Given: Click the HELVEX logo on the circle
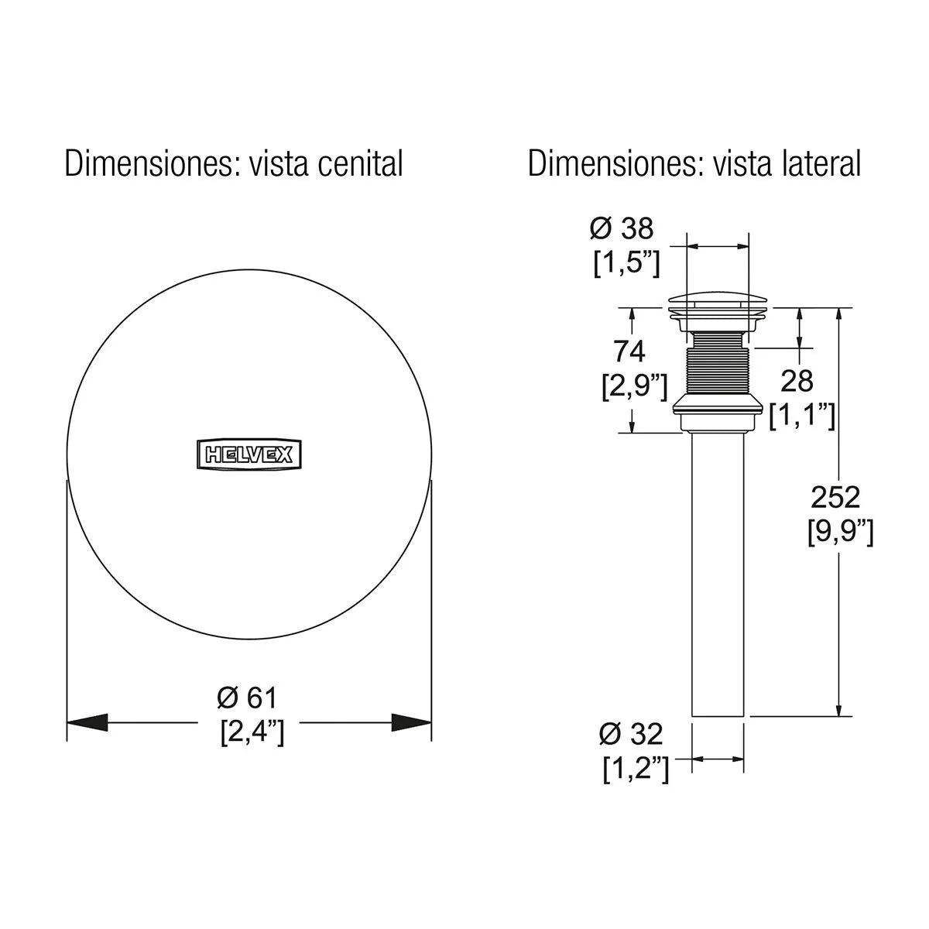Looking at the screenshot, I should point(249,454).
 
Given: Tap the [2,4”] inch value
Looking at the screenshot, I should point(252,732).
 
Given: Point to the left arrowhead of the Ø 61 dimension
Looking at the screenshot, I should point(85,722).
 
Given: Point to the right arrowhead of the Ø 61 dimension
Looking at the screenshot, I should point(412,722).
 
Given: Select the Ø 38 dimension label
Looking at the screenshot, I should point(621,228).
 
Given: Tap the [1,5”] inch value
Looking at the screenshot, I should point(626,264).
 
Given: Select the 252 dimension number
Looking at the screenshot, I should point(835,496).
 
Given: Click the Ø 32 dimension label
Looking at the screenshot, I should point(631,733).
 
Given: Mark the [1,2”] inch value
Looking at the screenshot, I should point(636,769).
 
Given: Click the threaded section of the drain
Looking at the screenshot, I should point(718,362).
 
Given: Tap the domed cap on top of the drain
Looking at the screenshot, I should point(718,300).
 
